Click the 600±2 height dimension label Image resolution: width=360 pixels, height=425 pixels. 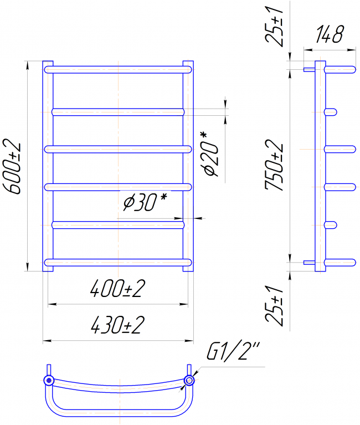coord(12,166)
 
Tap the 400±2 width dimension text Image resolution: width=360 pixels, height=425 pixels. coord(117,289)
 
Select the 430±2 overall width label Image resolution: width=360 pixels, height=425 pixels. coord(117,325)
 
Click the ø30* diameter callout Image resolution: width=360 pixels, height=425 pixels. coord(145,202)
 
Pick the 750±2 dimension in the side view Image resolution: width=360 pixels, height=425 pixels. coord(274,165)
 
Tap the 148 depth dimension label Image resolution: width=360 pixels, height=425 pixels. coord(330,34)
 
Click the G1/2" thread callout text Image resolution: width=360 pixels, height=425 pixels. coord(233,351)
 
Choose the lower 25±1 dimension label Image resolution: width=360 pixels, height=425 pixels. coord(274,305)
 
